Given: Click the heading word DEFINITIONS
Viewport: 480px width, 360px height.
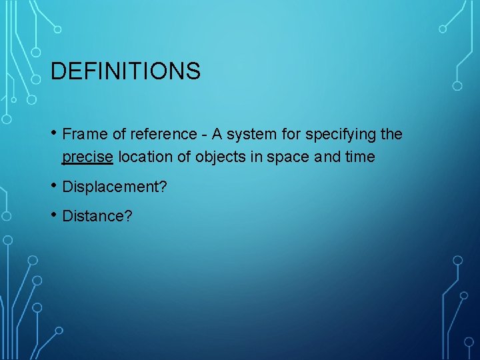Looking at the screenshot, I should click(x=125, y=71).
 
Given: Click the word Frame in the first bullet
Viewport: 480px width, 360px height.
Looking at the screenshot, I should click(x=85, y=135).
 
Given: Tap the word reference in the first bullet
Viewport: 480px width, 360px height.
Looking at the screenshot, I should click(x=164, y=135).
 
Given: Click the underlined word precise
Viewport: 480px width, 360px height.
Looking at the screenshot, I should click(x=87, y=158).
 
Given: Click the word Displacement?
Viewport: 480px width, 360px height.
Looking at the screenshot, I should click(x=115, y=187).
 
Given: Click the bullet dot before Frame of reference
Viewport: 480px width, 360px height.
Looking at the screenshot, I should click(x=54, y=133).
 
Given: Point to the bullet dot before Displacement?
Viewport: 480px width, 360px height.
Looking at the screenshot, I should click(x=54, y=185).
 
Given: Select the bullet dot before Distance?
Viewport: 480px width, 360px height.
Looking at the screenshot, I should click(x=54, y=215).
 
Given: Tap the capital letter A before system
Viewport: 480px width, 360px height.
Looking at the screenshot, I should click(x=215, y=135).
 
